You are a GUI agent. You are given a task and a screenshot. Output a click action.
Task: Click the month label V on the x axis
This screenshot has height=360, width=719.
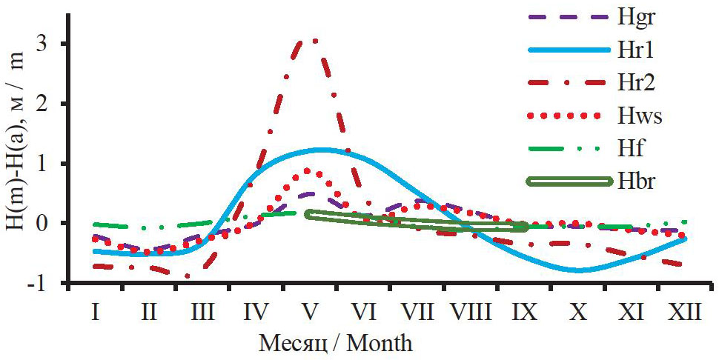[x=311, y=312]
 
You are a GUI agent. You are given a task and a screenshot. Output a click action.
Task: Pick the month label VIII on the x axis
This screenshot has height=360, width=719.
[x=471, y=312]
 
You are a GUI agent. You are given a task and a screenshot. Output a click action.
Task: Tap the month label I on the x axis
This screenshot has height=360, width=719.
[x=96, y=312]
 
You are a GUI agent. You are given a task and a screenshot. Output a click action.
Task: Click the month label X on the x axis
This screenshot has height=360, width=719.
[x=578, y=312]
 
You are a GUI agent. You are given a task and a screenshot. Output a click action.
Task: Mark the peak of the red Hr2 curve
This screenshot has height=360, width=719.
[x=314, y=40]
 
